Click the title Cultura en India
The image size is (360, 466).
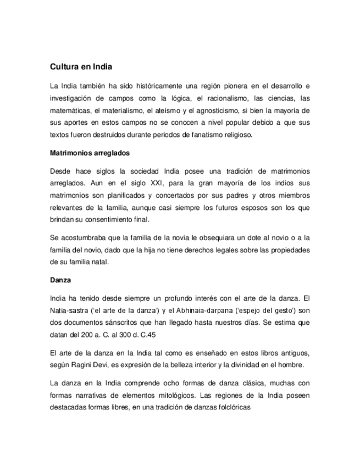(81, 68)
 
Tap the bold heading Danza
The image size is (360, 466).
(60, 280)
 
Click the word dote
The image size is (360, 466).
(248, 237)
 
